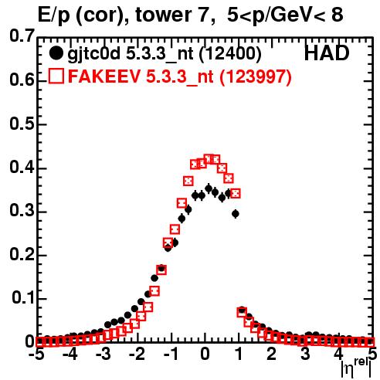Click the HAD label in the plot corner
point(327,53)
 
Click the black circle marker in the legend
point(56,53)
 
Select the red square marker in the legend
point(56,76)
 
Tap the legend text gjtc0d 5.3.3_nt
point(131,55)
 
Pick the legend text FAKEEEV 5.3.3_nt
point(141,76)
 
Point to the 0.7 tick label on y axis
point(22,36)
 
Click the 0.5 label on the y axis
point(22,124)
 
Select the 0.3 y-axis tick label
point(22,211)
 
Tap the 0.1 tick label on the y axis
point(23,298)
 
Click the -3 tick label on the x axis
point(103,355)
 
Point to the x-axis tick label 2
point(272,355)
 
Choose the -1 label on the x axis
point(171,355)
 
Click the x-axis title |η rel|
point(357,368)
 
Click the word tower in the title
point(163,15)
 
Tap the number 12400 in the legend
point(230,54)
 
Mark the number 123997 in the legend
point(256,76)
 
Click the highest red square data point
point(209,159)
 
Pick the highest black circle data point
point(209,188)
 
